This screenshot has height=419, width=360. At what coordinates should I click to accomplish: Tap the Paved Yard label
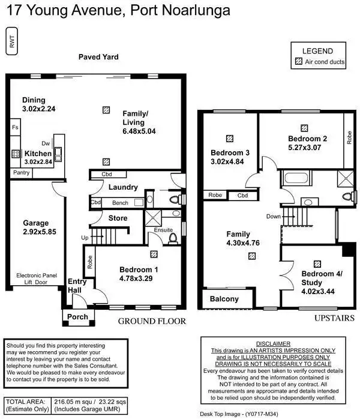click(98, 57)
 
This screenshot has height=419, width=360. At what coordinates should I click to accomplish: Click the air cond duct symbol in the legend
click(299, 61)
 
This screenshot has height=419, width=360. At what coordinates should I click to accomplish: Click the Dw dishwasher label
click(45, 144)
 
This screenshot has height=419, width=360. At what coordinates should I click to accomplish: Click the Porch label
click(77, 316)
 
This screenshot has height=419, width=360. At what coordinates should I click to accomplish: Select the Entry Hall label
click(77, 286)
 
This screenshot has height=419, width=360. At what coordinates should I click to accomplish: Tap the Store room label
click(118, 218)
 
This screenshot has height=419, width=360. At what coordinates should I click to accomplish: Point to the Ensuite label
click(163, 229)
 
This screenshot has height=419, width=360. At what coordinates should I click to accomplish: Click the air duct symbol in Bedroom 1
click(154, 254)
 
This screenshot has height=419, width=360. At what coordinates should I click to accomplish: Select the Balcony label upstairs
click(224, 299)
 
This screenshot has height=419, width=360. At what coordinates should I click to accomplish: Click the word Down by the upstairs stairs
click(274, 216)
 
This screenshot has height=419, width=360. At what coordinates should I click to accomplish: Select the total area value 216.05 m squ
click(74, 402)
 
